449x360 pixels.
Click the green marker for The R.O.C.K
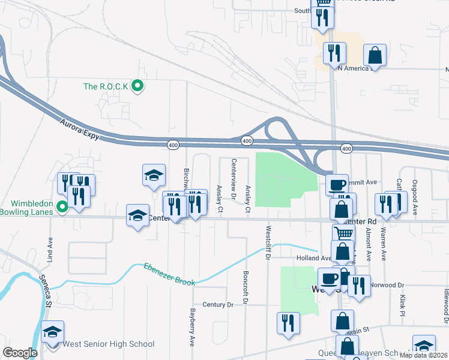click(137, 86)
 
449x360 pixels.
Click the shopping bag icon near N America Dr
click(375, 55)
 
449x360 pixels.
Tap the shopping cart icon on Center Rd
click(343, 233)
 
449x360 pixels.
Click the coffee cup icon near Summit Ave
click(337, 184)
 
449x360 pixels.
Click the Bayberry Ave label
click(193, 327)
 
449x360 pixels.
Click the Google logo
click(20, 353)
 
